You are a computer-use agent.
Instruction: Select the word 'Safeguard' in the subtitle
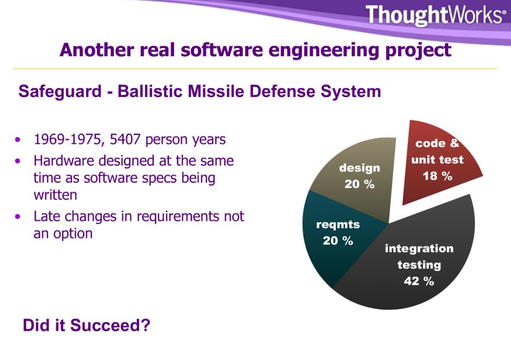point(60,92)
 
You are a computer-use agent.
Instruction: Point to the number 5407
point(125,139)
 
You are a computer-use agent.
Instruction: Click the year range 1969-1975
point(68,140)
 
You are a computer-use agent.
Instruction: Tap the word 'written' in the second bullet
point(56,195)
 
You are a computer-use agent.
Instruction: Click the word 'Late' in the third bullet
point(47,216)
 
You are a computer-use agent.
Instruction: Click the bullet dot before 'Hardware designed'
point(17,161)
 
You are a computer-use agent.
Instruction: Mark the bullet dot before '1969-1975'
point(17,140)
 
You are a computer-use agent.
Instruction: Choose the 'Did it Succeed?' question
point(87,326)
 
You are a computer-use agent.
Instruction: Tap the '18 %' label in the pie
point(437,176)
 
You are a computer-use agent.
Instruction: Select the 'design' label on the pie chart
point(359,168)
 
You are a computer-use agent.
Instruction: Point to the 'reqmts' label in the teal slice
point(338,225)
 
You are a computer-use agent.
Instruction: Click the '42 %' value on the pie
point(419,281)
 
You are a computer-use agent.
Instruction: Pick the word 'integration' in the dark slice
point(419,249)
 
